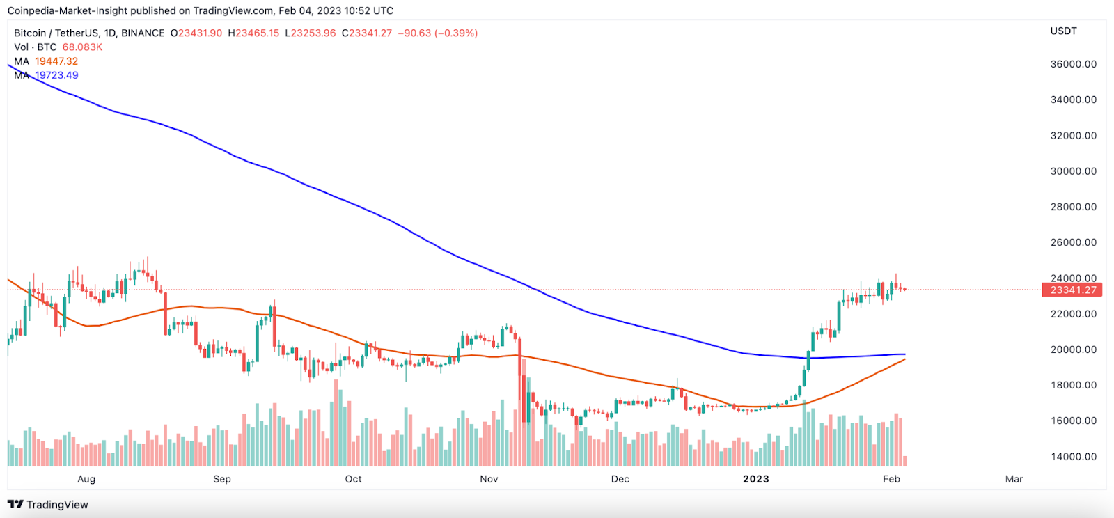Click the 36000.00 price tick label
coord(1073,64)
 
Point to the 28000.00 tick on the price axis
coord(1073,207)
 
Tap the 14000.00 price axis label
coord(1073,457)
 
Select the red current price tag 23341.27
coord(1072,290)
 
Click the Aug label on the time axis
coord(86,479)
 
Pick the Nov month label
coord(489,479)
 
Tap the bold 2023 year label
coord(755,479)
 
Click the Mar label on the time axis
coord(1014,479)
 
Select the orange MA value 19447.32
coord(56,61)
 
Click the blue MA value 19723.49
coord(56,75)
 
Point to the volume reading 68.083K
coord(82,47)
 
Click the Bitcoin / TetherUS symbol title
coord(58,33)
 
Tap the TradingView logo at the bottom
coord(48,505)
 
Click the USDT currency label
coord(1063,31)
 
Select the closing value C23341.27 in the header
coord(367,33)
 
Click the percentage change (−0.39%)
coord(456,33)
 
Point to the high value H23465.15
coord(253,33)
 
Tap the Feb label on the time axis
coord(891,479)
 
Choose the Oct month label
coord(353,479)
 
